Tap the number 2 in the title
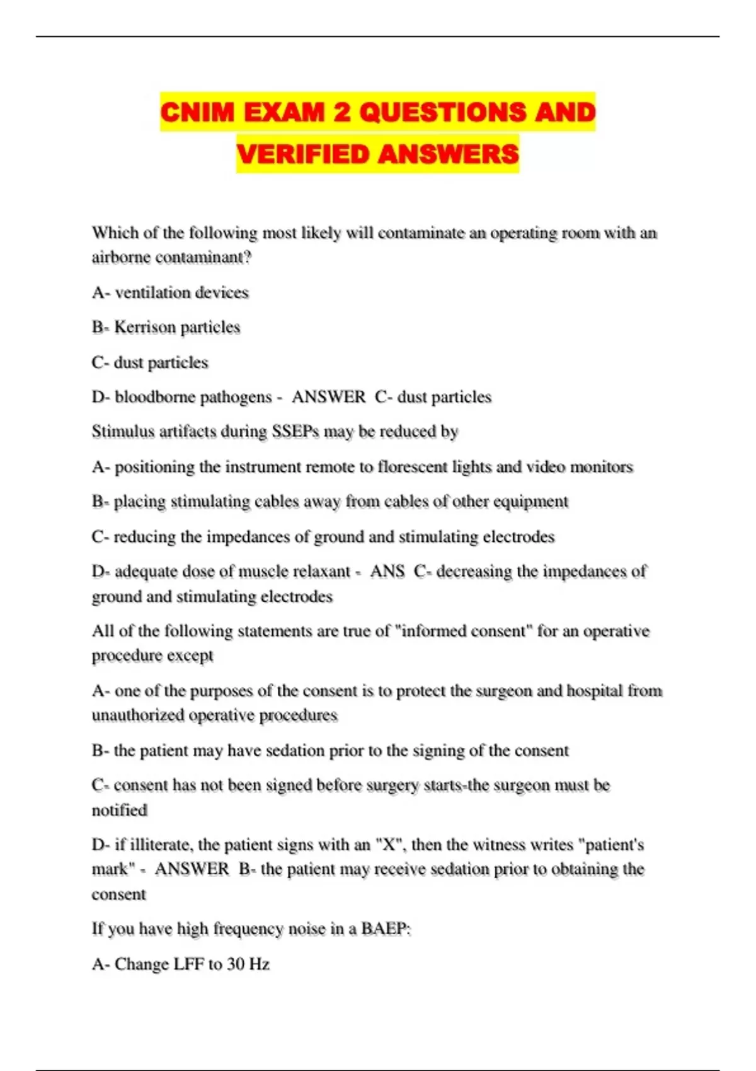click(x=341, y=112)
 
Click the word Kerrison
click(x=145, y=327)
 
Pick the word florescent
click(x=412, y=467)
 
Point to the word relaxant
click(x=326, y=571)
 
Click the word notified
click(x=120, y=810)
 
